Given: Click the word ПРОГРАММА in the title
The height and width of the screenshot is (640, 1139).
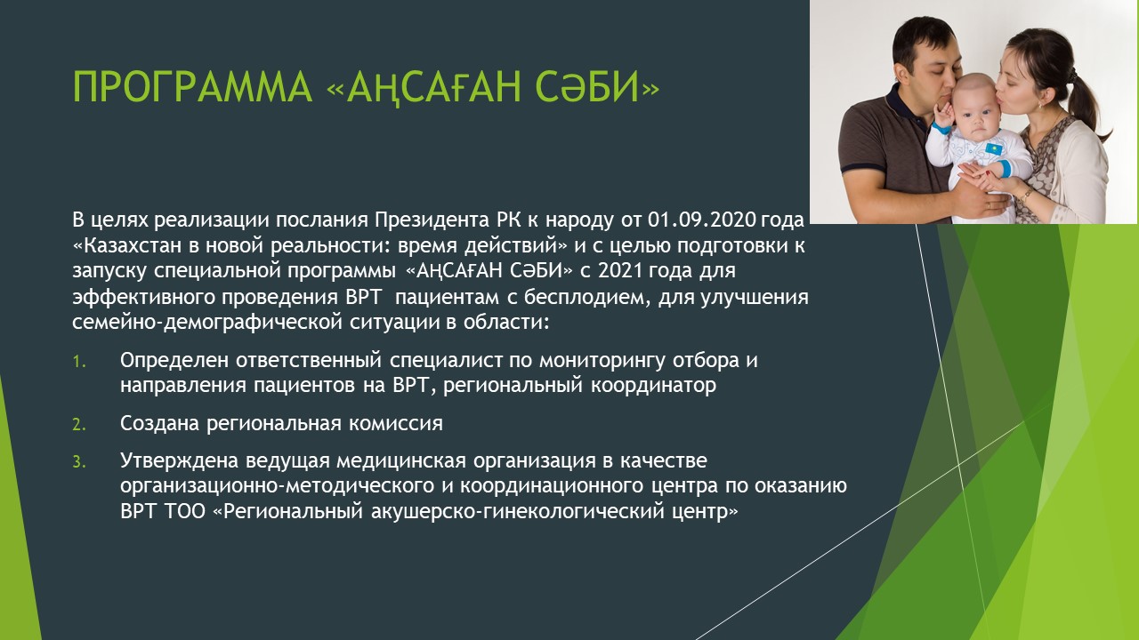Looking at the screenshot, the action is (191, 87).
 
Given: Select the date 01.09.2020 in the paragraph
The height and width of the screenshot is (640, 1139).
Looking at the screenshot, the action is (702, 220).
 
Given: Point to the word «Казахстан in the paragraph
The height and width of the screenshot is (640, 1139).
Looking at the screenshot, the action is (127, 246).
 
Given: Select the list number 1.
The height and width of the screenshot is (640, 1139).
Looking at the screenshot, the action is (79, 361).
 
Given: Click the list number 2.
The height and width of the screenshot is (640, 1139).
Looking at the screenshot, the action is (79, 424).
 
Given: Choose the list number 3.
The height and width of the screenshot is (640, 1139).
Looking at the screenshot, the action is (79, 461).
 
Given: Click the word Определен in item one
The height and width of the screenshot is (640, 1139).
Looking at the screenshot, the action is (174, 361).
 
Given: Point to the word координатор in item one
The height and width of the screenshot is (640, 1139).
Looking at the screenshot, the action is (653, 386).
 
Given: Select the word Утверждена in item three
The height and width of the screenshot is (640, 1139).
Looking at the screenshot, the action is (180, 461).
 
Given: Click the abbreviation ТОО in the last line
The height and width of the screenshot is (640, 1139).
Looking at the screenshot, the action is (185, 511).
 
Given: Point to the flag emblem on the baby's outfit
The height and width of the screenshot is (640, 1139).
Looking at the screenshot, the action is (994, 149).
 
